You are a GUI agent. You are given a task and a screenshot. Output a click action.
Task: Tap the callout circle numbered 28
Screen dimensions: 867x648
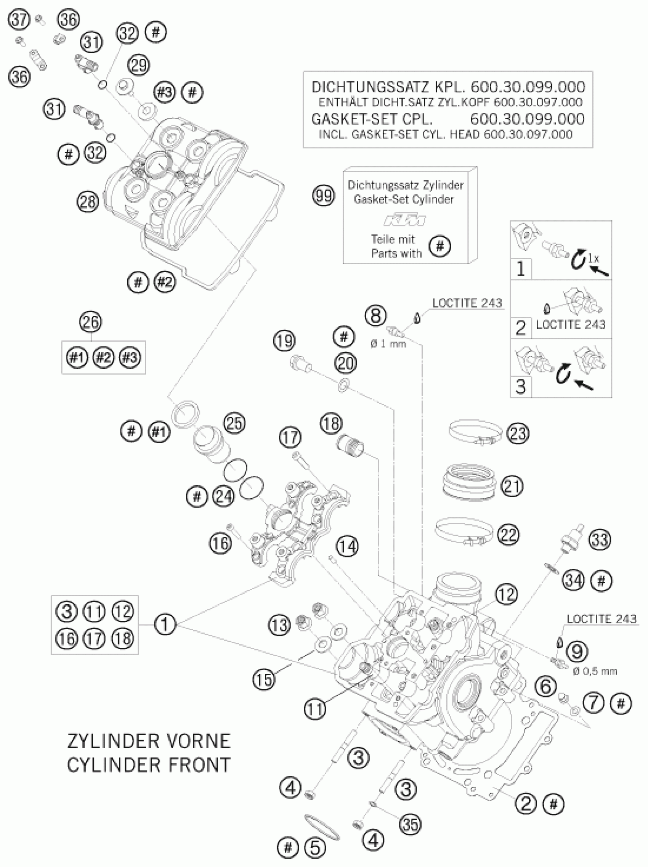tap(88, 201)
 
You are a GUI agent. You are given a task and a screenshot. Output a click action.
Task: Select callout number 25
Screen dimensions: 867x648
tap(234, 424)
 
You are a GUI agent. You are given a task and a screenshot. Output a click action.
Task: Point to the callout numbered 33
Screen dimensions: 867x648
tap(600, 540)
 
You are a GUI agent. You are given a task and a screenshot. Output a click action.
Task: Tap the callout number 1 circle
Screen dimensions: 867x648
tap(165, 624)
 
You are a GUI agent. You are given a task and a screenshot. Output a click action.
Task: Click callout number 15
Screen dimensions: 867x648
tap(264, 679)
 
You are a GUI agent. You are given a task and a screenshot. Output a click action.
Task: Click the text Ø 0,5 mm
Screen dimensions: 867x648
tap(595, 671)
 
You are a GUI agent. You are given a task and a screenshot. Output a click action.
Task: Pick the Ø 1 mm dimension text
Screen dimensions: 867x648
tap(388, 344)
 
